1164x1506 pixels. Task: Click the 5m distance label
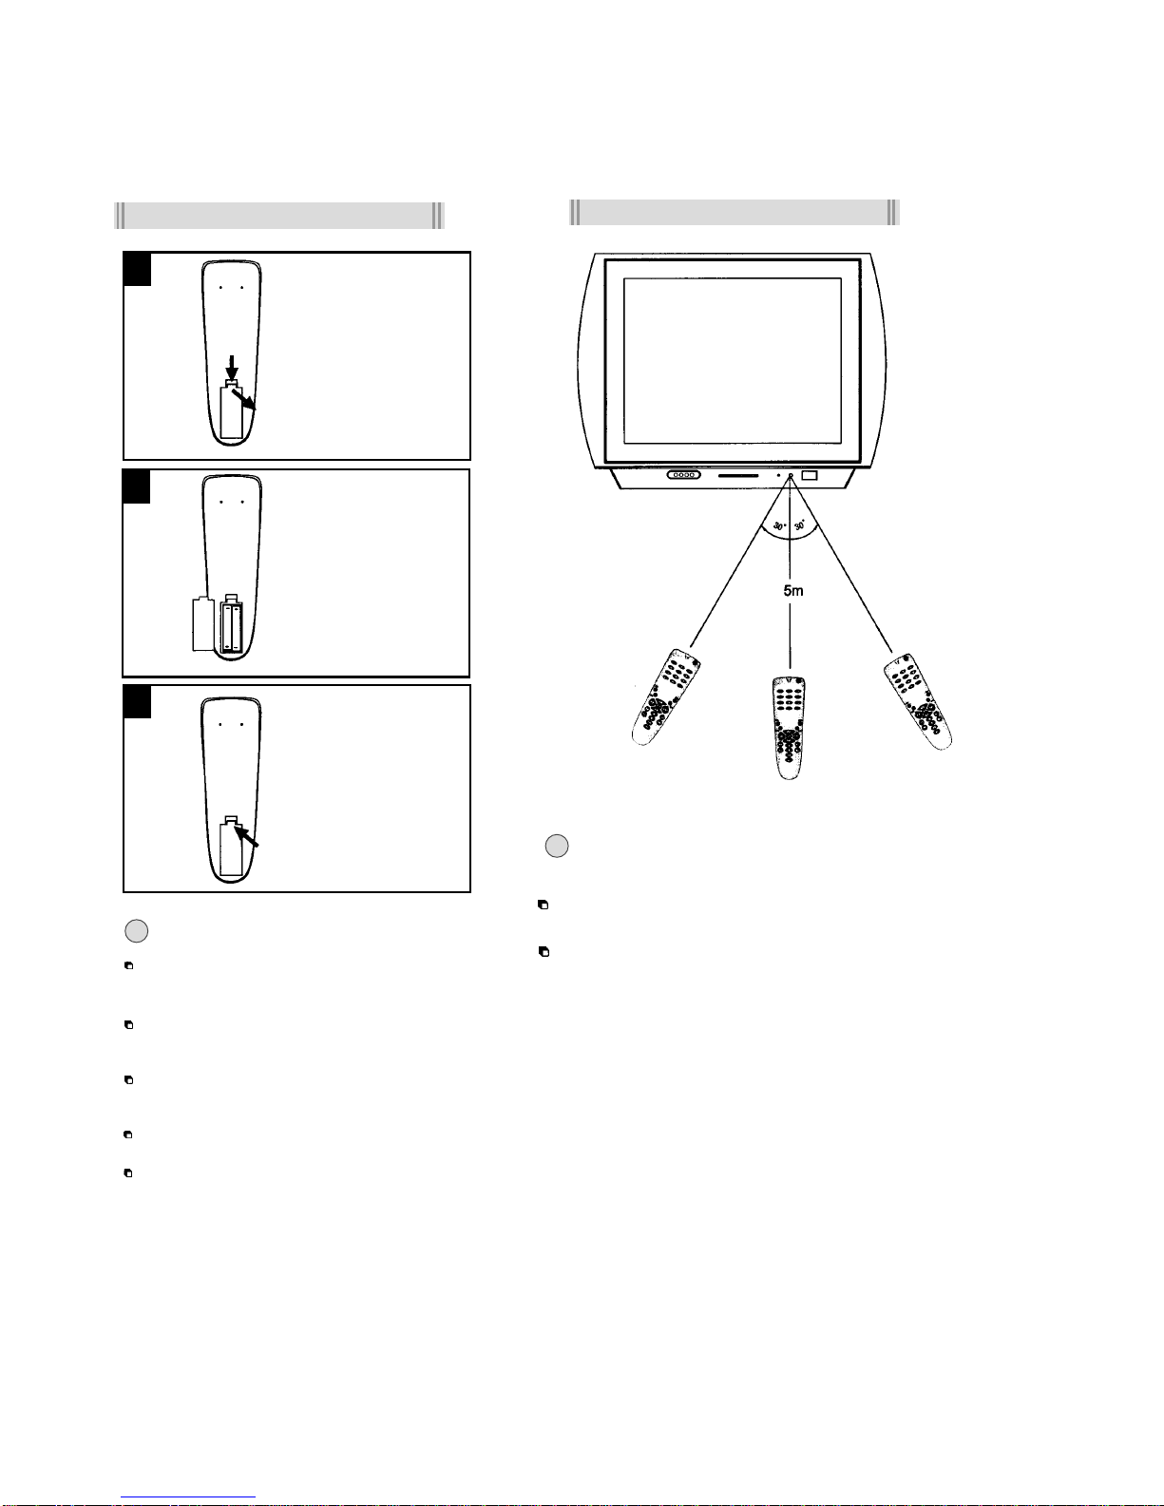pos(793,590)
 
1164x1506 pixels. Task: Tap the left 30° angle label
pos(779,526)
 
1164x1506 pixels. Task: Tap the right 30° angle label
pos(799,525)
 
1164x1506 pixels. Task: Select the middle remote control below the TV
pos(789,728)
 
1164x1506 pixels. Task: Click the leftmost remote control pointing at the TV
pos(665,697)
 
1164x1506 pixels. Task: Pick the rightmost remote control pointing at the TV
pos(918,701)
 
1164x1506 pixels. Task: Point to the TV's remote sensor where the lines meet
pos(790,476)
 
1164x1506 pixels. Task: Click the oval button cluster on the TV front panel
pos(683,475)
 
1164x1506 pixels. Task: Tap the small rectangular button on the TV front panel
pos(810,475)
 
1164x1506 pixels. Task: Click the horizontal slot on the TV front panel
pos(738,476)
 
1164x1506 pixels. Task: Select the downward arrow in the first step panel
pos(232,368)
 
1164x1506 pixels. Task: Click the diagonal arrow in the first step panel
pos(243,399)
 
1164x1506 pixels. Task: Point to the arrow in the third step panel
pos(246,835)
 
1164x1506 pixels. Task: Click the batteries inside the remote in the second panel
pos(232,627)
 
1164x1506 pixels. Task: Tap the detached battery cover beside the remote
pos(203,623)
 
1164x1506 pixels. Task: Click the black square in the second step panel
pos(137,487)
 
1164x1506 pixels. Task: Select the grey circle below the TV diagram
pos(557,847)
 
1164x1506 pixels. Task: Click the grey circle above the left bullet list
pos(137,931)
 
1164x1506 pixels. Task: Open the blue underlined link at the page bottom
pos(188,1497)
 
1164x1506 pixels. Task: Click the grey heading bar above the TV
pos(735,212)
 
